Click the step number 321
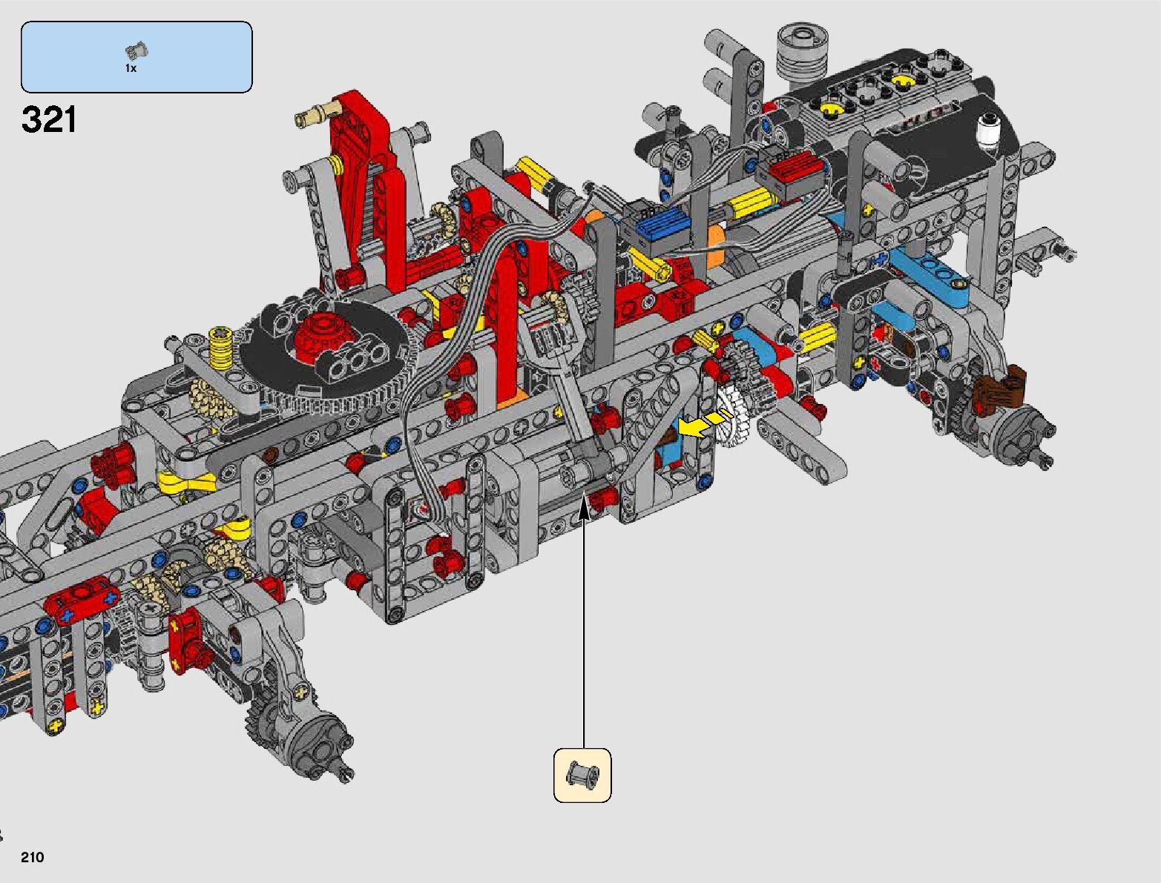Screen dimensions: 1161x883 [49, 119]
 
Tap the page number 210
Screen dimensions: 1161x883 [32, 857]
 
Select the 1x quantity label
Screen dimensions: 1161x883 [131, 69]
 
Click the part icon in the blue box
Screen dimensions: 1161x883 [137, 50]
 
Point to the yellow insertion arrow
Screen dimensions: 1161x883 [705, 424]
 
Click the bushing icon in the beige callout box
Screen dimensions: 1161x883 [582, 775]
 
